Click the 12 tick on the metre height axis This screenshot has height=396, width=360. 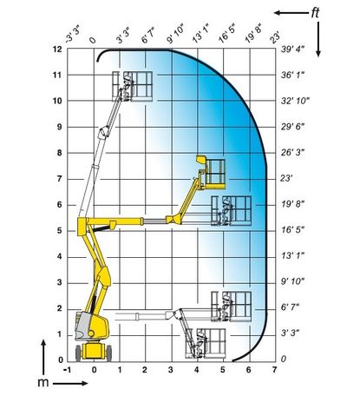coord(57,49)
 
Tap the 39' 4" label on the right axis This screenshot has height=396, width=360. coord(292,49)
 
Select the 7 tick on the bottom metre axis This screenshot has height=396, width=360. coord(274,370)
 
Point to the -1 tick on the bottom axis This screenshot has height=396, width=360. coord(67,370)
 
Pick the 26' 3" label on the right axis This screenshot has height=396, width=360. coord(292,153)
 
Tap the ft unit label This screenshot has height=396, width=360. coord(315,13)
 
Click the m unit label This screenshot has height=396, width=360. coord(43,382)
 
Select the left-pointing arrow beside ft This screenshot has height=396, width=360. coord(291,13)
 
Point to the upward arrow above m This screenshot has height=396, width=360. coord(43,357)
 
